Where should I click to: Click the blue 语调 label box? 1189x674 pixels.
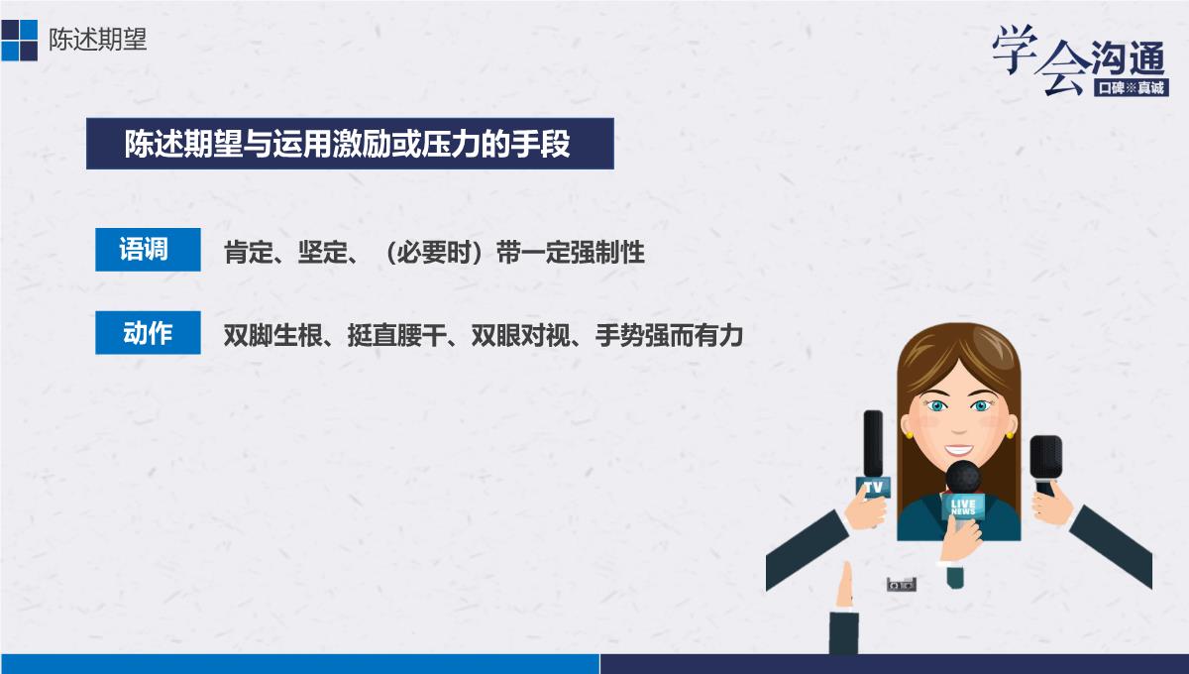[x=148, y=250]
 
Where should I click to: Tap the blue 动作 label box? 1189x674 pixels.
[x=148, y=332]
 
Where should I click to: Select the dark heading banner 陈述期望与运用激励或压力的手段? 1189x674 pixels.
[x=350, y=144]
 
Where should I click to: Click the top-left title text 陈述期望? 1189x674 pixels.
[x=98, y=40]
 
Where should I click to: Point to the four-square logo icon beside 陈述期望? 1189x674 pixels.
[x=19, y=41]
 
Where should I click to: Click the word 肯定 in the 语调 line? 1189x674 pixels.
[x=249, y=253]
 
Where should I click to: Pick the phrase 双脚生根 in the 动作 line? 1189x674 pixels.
[x=273, y=335]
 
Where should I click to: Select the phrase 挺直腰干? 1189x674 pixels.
[x=397, y=335]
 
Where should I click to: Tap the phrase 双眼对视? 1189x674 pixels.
[x=521, y=335]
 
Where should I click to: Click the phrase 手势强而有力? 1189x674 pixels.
[x=669, y=335]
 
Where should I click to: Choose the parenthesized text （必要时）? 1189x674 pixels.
[x=434, y=253]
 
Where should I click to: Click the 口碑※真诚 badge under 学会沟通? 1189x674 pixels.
[x=1132, y=87]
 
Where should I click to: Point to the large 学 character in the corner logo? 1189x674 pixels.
[x=1015, y=48]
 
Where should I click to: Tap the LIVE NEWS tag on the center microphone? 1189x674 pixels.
[x=963, y=506]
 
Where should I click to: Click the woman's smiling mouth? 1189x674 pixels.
[x=959, y=450]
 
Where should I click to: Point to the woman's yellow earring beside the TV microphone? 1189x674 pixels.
[x=909, y=435]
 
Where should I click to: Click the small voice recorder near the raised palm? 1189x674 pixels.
[x=902, y=584]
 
